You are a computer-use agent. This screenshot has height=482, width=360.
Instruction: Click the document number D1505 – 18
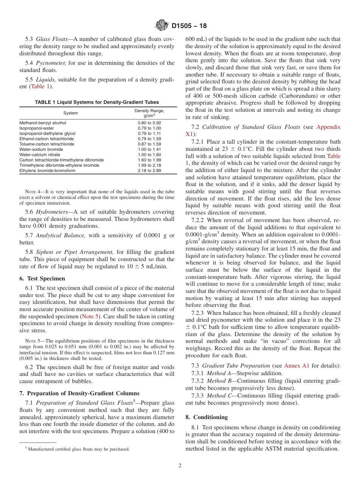click(189, 26)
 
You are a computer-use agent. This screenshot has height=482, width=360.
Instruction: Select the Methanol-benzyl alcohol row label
click(42, 123)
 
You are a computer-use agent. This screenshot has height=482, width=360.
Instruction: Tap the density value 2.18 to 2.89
click(149, 171)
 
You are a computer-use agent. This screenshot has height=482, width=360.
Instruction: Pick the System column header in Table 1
click(70, 113)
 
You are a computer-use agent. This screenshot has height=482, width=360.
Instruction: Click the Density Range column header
click(149, 113)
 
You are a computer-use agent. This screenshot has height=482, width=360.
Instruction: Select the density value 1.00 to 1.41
click(149, 149)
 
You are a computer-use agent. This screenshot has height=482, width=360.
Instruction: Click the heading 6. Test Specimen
click(42, 279)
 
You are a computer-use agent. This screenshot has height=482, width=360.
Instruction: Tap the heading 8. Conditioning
click(207, 417)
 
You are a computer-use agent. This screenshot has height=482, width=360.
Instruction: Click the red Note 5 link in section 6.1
click(91, 316)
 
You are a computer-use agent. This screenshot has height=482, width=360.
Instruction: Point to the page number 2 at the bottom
click(180, 466)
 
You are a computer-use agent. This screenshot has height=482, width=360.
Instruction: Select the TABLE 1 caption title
click(97, 102)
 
